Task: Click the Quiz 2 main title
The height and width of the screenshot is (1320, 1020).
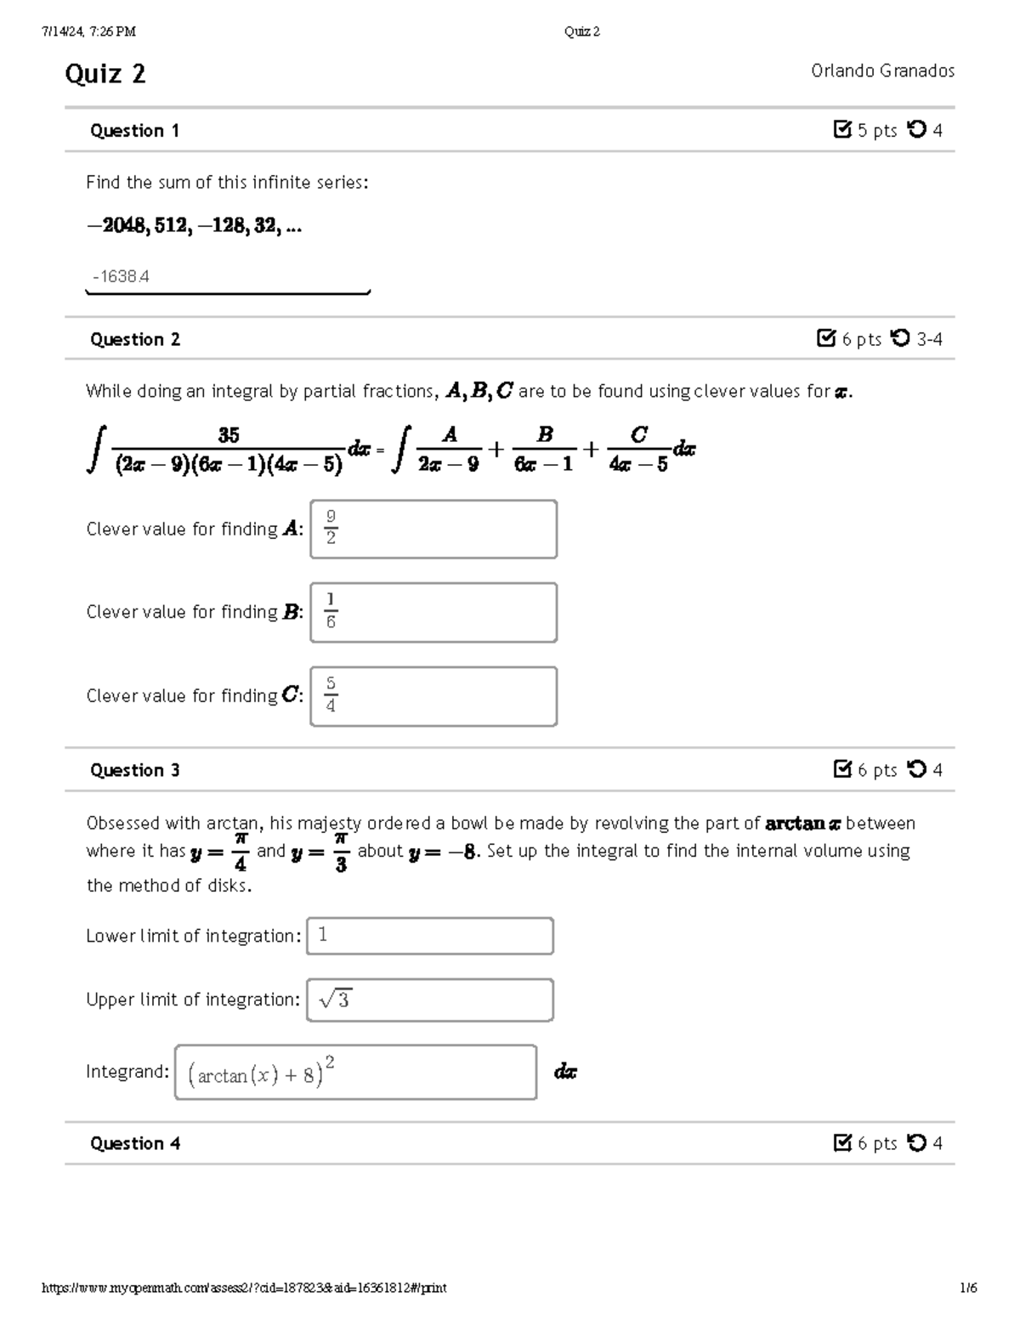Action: pos(105,74)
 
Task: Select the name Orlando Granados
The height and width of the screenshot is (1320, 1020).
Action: pos(882,71)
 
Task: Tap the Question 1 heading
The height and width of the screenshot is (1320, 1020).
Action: pos(134,131)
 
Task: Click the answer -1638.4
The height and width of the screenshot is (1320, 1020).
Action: pos(122,276)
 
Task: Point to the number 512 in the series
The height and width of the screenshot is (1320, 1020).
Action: pos(172,226)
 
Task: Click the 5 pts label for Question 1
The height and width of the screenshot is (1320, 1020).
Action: pos(876,131)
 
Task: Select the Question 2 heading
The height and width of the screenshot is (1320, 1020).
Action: pos(135,340)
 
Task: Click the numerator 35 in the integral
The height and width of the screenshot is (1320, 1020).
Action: pos(229,436)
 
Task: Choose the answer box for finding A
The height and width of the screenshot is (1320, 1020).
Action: pos(433,529)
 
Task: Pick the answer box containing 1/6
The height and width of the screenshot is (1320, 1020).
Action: pos(433,612)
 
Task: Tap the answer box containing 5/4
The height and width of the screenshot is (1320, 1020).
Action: pos(433,696)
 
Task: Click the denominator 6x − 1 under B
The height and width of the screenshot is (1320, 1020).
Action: pos(544,464)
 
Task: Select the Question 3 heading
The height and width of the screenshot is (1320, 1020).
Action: pos(135,770)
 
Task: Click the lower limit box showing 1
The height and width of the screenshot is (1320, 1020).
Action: pos(430,936)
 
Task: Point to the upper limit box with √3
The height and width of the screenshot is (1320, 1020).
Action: pos(430,1000)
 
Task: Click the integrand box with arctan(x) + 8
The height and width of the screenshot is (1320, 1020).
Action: pos(355,1073)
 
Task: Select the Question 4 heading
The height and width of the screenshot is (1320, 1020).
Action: pos(135,1143)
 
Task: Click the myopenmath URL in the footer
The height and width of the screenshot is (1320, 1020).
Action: pos(244,1288)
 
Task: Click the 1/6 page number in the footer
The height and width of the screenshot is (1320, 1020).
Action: pos(968,1288)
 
